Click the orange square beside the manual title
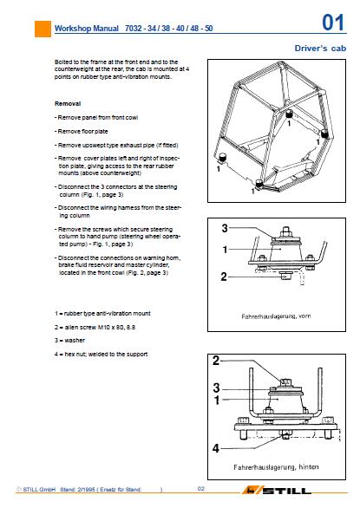click(43, 29)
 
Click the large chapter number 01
click(333, 23)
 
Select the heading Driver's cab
click(320, 49)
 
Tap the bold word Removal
click(68, 104)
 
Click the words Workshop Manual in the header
click(87, 29)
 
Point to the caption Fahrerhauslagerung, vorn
click(276, 316)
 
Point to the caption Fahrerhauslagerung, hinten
click(276, 467)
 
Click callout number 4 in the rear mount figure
click(216, 448)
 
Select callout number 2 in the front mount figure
click(224, 277)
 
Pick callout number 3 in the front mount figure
click(225, 228)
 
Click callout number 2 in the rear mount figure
click(216, 361)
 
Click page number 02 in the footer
click(201, 489)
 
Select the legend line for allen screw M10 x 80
click(95, 327)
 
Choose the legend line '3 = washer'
click(69, 340)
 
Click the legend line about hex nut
click(101, 354)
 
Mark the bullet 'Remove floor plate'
click(81, 131)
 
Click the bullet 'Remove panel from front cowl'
click(96, 117)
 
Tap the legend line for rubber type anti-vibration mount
click(102, 313)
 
